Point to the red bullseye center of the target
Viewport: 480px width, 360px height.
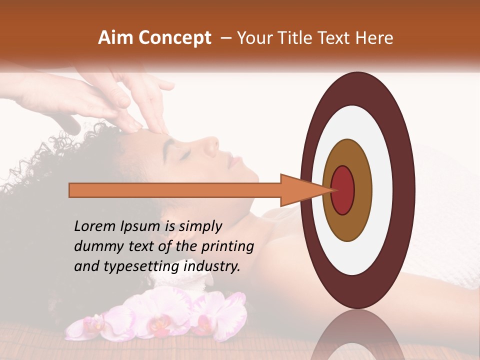point(343,190)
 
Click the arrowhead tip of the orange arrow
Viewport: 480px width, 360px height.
point(332,190)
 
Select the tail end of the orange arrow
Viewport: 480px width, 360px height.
point(70,190)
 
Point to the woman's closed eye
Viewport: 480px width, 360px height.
point(185,154)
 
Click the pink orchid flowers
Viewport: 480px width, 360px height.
point(160,315)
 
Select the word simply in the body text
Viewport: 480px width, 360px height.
point(199,227)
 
